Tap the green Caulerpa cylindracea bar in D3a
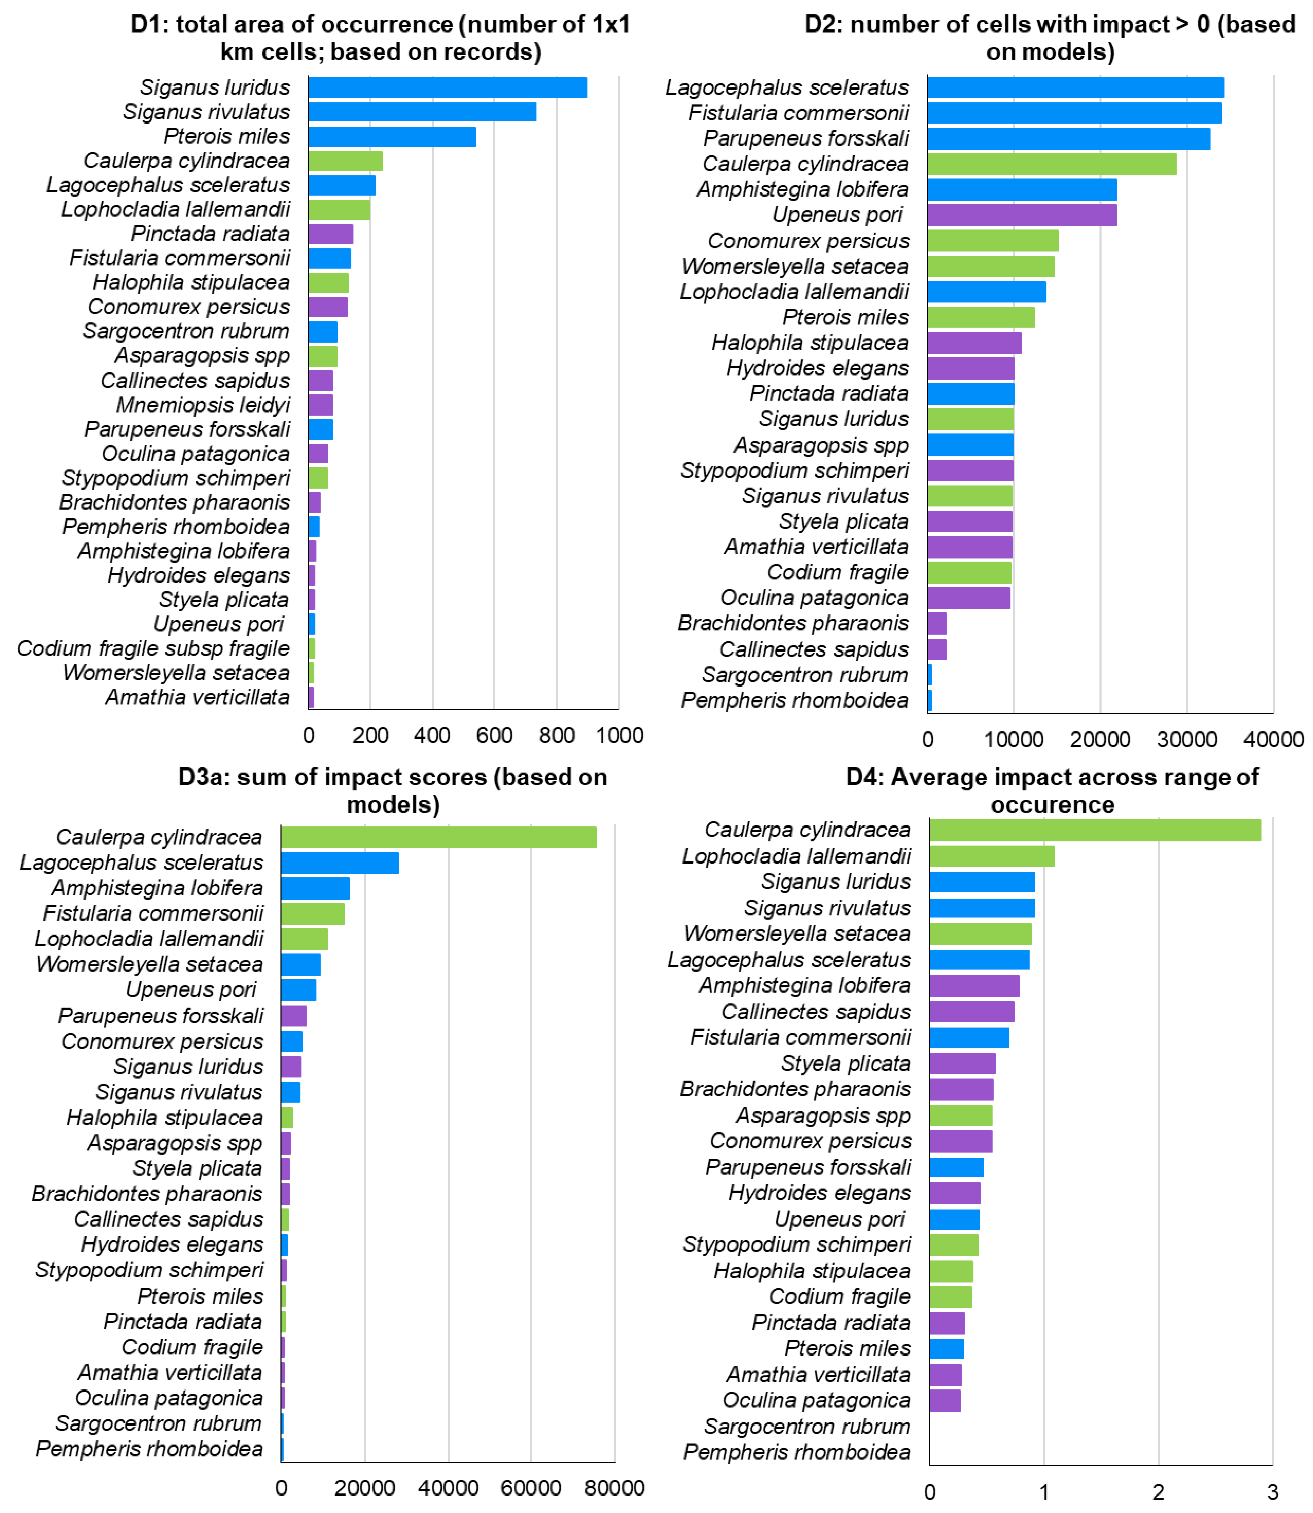(438, 837)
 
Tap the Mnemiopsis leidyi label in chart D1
(203, 404)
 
